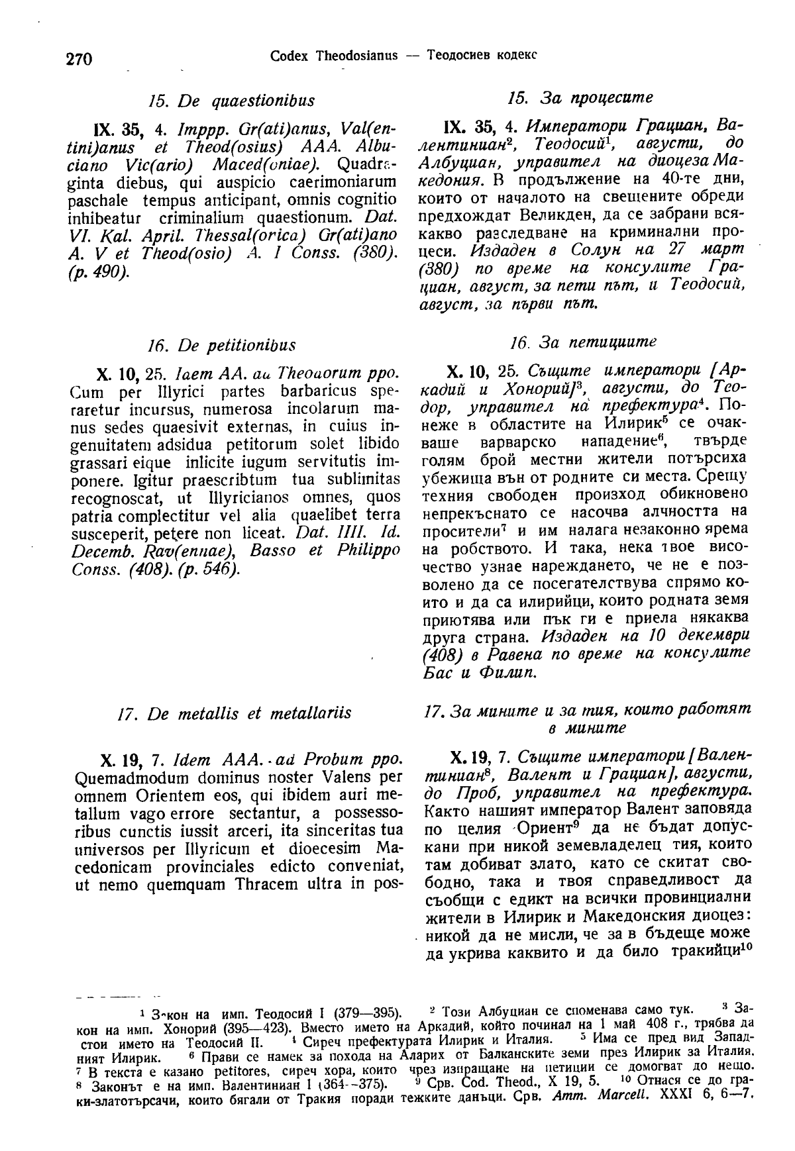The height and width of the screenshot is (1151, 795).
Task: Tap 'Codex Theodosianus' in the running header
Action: point(333,55)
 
